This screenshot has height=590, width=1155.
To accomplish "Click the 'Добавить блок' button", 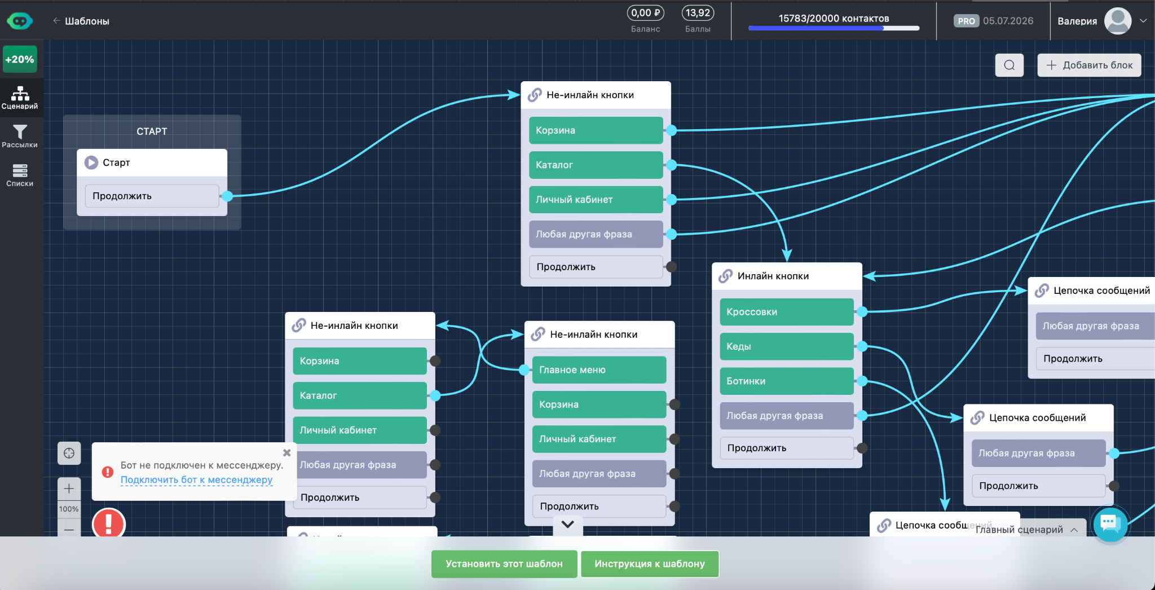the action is [1089, 65].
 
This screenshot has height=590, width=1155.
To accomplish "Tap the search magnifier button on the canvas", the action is [1009, 65].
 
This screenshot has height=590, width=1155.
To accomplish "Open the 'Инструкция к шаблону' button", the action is [650, 564].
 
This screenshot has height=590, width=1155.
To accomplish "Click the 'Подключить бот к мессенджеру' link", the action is [196, 480].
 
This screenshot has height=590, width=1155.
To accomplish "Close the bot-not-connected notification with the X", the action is [286, 452].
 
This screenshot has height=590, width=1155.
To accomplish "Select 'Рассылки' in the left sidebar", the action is [20, 136].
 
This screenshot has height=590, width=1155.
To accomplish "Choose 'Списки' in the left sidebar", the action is [20, 175].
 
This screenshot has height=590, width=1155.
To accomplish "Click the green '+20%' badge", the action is [20, 59].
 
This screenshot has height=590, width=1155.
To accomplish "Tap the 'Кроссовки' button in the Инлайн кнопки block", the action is [787, 312].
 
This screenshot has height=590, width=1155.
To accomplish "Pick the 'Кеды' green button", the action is [787, 346].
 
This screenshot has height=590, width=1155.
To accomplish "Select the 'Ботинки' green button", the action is [787, 381].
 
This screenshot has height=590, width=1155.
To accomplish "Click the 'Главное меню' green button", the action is [599, 370].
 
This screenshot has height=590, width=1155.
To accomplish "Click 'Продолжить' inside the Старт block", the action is [152, 196].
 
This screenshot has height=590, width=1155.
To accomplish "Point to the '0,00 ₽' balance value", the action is [645, 13].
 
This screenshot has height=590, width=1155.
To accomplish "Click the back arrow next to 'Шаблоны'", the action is [56, 21].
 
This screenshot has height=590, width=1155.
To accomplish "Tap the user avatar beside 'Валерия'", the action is [1118, 21].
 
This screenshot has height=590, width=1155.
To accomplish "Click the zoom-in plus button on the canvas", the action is [69, 488].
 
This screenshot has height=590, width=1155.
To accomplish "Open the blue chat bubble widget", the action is [1110, 524].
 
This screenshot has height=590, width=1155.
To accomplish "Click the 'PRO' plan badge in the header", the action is [966, 21].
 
